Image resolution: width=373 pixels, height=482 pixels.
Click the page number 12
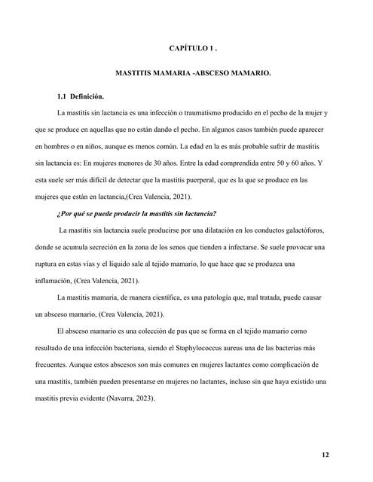(x=324, y=455)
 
